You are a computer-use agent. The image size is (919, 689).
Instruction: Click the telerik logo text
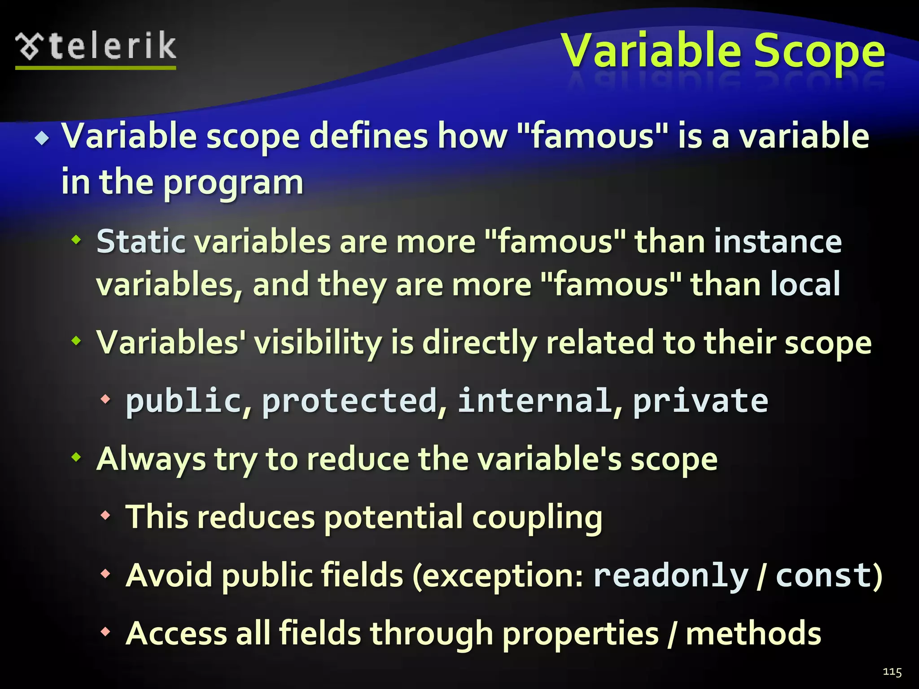[x=112, y=47]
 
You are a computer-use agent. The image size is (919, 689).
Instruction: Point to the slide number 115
[x=892, y=672]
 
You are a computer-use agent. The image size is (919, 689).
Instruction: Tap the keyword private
[x=700, y=401]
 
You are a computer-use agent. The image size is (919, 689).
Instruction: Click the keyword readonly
[x=671, y=575]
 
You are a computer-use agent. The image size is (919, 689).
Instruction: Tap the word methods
[x=753, y=633]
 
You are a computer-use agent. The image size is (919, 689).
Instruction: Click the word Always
[x=151, y=460]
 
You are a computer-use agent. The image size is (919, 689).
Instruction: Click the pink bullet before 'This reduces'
[x=105, y=515]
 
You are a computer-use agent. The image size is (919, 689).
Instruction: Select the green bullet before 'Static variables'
[x=77, y=240]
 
